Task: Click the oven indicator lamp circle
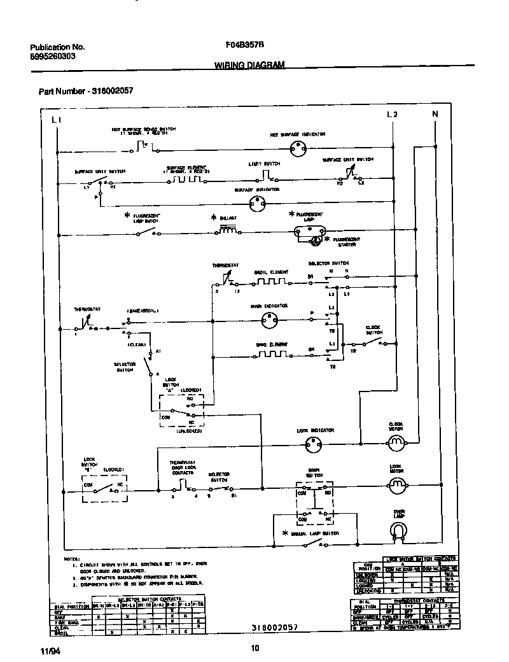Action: point(267,321)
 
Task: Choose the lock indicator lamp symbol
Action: point(311,446)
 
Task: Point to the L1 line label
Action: point(56,119)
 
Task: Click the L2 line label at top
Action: point(392,115)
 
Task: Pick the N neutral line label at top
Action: point(435,115)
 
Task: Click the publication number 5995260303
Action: point(53,56)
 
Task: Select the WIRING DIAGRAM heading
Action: point(249,65)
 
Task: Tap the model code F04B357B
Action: point(245,46)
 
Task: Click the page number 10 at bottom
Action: point(254,648)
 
